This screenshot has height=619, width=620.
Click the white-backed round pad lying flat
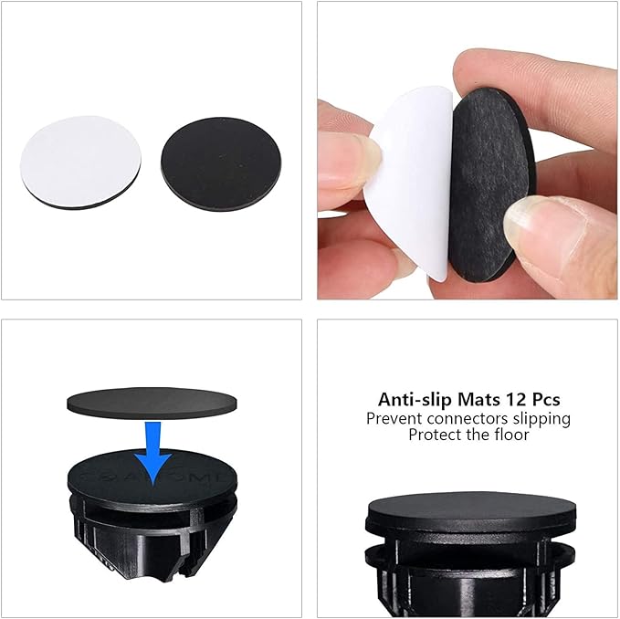pyautogui.click(x=80, y=163)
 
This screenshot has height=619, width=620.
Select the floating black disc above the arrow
pyautogui.click(x=152, y=403)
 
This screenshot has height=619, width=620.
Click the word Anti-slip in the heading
pyautogui.click(x=415, y=399)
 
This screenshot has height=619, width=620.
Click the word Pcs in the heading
pyautogui.click(x=546, y=399)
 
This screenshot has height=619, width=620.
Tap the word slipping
pyautogui.click(x=541, y=420)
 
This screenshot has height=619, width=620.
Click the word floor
pyautogui.click(x=511, y=435)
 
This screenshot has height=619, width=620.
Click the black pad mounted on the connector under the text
pyautogui.click(x=470, y=507)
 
